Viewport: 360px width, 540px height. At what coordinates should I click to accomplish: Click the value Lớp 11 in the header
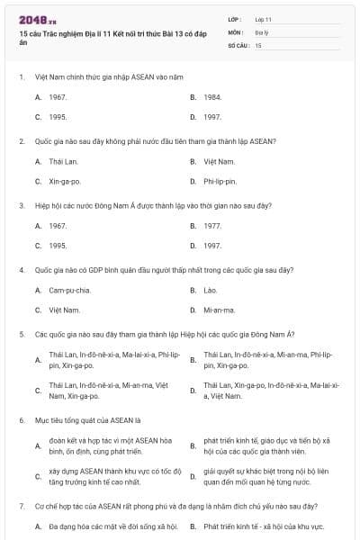coord(263,19)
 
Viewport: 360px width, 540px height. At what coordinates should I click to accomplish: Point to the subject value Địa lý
coord(261,31)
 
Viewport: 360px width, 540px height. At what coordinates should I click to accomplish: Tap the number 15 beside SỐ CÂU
coord(258,44)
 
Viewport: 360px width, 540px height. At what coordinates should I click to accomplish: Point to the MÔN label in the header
coord(235,31)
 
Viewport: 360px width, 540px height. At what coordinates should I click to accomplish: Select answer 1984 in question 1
coord(211,96)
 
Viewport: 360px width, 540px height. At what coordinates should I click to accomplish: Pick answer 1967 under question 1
coord(58,96)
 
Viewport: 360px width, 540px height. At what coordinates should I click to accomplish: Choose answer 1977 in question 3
coord(211,226)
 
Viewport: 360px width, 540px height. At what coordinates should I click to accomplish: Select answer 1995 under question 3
coord(58,246)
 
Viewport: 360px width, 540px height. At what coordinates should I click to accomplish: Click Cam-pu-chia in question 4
coord(70,291)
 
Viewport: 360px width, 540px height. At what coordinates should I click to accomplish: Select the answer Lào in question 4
coord(210,291)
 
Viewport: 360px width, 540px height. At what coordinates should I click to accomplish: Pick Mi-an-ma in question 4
coord(219,310)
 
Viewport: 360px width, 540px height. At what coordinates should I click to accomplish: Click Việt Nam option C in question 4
coord(65,310)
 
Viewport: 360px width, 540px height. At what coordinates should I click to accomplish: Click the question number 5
coord(21,334)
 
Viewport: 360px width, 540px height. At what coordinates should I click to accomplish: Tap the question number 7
coord(21,507)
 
